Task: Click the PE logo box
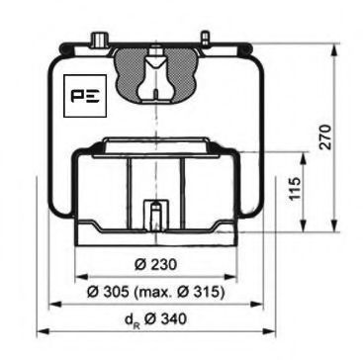coord(85,96)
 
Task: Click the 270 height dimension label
coord(325,137)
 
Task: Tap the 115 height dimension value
coord(296,188)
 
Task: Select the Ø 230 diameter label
coord(155,264)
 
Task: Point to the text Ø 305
coord(108,292)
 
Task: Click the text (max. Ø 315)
coord(178,292)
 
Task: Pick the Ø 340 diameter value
coord(165,318)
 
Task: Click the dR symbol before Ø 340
coord(131,320)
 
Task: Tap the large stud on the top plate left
coord(99,40)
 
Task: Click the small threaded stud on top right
coord(205,38)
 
